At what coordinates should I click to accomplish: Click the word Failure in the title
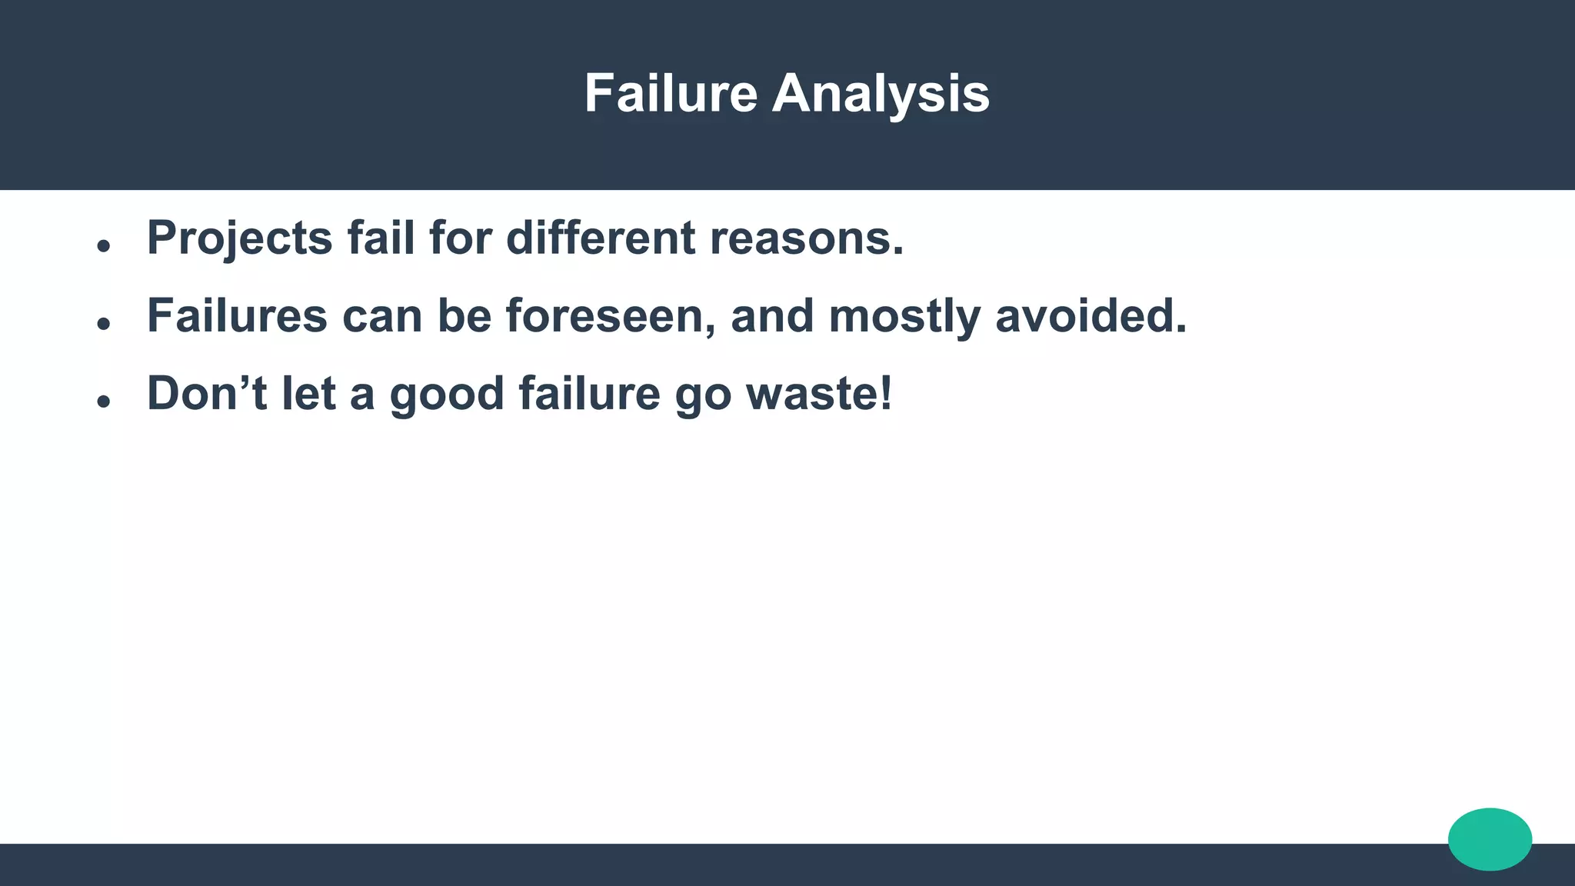tap(671, 94)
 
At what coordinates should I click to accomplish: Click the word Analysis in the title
tap(881, 94)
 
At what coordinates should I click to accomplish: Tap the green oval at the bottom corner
tap(1490, 839)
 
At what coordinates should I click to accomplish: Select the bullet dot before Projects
tap(104, 246)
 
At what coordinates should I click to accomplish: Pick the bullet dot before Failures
tap(104, 324)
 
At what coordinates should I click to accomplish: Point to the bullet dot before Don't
tap(104, 401)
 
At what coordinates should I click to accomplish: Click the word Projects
tap(239, 238)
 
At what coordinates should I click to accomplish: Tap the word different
tap(601, 238)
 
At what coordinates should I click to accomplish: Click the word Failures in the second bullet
tap(237, 315)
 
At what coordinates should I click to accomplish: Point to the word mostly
tap(904, 317)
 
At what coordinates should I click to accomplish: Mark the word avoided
tap(1091, 315)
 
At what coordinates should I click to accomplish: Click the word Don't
tap(207, 393)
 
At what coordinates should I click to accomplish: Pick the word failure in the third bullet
tap(589, 393)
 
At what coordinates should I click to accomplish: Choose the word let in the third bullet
tap(308, 393)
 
